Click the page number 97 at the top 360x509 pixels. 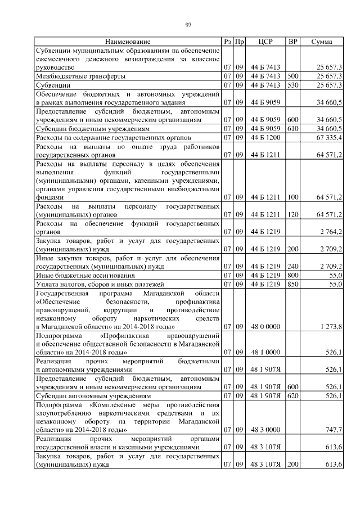189,25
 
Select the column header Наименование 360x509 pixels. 127,42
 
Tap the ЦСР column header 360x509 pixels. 265,42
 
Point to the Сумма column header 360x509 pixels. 321,42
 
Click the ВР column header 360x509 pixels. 292,42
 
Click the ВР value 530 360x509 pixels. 292,84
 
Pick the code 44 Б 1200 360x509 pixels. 265,137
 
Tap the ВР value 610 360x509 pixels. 292,128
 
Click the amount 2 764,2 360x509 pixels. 331,232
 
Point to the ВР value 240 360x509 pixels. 292,267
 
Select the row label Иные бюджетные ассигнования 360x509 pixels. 85,276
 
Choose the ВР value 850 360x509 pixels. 292,285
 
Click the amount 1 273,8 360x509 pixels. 331,326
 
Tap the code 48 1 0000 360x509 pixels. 265,352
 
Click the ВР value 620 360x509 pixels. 292,396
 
